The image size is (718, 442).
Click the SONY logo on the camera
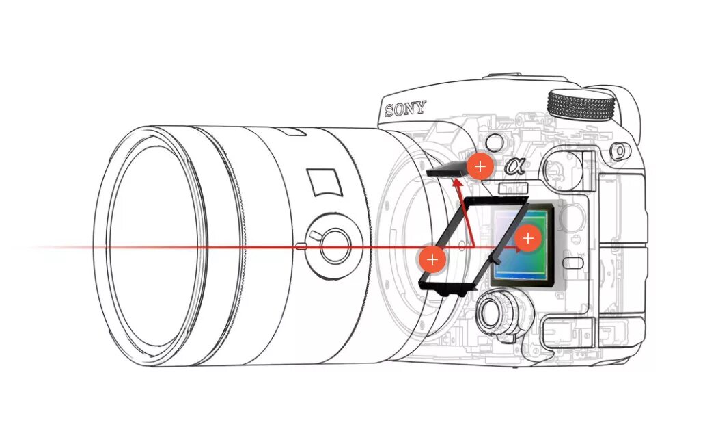404,108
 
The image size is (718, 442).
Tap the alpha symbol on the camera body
514,166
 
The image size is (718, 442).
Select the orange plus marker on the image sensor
527,238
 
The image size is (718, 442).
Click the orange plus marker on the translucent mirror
432,259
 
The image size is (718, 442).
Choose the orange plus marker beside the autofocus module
480,166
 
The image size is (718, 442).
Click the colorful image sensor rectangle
521,243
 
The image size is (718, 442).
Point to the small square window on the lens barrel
325,182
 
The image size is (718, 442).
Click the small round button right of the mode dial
620,148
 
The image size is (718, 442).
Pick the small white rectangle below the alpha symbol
514,188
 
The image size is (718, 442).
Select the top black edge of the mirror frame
495,201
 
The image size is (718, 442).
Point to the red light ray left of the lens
55,247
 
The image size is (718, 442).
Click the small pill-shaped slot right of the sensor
575,261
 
